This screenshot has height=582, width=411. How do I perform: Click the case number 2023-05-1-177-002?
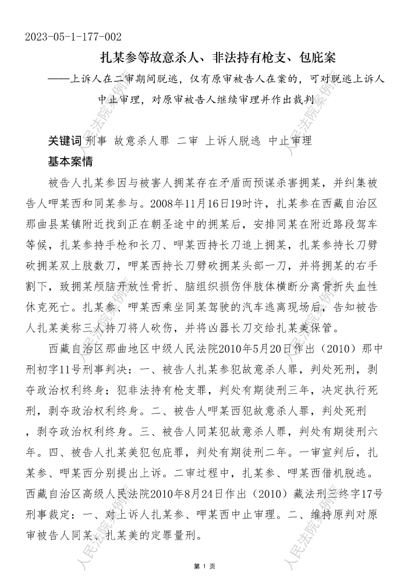pos(73,37)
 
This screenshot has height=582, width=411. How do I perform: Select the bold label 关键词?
pos(65,141)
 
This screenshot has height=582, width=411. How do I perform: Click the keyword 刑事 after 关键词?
pos(96,141)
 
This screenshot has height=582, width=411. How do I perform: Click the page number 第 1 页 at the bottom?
pos(205,566)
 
